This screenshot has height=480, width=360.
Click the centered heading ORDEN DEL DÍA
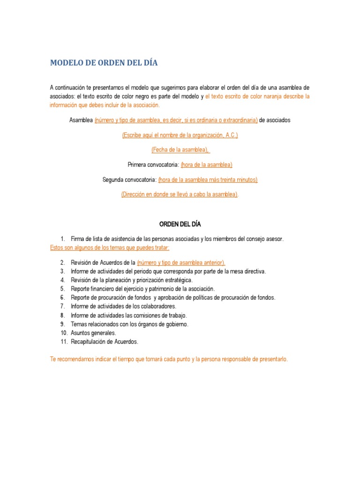coord(180,225)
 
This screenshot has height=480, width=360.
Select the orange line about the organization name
coord(180,135)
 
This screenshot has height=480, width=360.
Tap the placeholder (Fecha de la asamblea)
coord(180,150)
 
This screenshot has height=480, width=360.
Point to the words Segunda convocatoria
coord(129,180)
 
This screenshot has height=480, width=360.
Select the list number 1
coord(62,239)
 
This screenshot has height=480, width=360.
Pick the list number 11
coord(64,342)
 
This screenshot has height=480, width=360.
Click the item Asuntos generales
coord(93,333)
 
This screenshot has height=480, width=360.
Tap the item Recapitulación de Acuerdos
coord(105,342)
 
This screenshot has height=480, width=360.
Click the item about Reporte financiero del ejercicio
coord(142,289)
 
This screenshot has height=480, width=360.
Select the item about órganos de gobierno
coord(129,324)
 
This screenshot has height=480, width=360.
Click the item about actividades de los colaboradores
coord(123,307)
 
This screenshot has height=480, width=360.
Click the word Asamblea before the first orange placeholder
coord(81,120)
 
